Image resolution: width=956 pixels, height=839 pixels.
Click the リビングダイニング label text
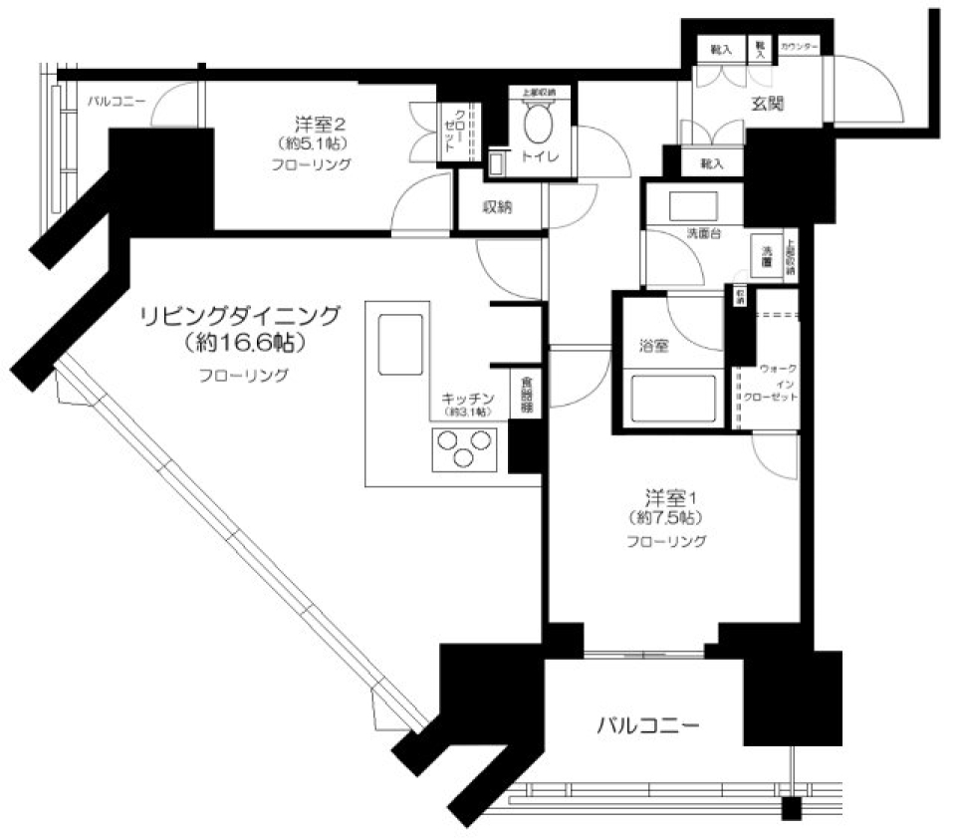point(240,316)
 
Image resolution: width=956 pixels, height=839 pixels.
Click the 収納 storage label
point(498,207)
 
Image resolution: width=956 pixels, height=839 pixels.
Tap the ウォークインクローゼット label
point(772,383)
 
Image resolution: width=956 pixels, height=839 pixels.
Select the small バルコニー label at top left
point(117,101)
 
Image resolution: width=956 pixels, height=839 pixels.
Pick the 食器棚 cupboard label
point(527,395)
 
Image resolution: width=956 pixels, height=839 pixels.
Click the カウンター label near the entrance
point(800,48)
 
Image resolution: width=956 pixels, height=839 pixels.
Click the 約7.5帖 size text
point(665,518)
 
